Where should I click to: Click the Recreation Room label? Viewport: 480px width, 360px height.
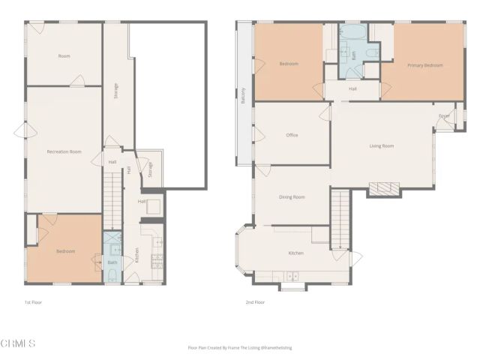(64, 152)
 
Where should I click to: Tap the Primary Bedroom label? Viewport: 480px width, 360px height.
(424, 65)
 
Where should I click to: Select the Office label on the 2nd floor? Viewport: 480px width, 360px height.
(292, 135)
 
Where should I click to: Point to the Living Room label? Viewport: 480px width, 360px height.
(381, 146)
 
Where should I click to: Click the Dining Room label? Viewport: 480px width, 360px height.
(292, 197)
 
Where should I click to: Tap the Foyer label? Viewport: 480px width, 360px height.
(444, 115)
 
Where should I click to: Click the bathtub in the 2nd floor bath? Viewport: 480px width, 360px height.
(351, 34)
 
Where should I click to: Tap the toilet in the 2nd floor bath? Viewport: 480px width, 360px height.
(373, 54)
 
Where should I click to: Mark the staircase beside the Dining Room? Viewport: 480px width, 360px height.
(340, 217)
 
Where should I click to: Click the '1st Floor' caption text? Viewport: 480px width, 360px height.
(34, 302)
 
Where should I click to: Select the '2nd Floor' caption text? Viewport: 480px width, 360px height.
(255, 302)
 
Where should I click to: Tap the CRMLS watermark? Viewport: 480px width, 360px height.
(19, 343)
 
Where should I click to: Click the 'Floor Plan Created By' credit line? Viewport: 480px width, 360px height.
(240, 348)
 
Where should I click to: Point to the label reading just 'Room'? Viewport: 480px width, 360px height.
(64, 56)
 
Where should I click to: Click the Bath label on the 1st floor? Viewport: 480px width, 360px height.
(112, 262)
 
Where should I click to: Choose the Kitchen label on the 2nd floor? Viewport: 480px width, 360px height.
(295, 253)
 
